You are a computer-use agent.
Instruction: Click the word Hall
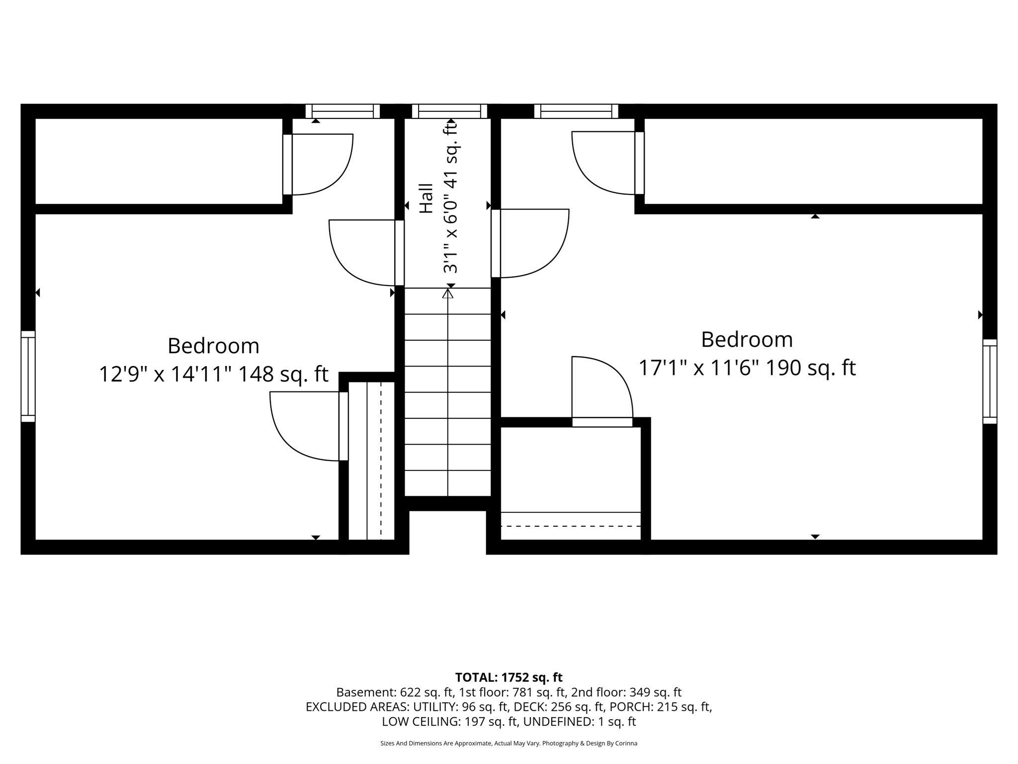click(x=426, y=199)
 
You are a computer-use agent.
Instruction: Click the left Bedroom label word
click(x=213, y=346)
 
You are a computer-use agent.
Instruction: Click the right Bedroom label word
click(x=747, y=340)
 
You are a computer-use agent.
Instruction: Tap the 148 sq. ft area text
click(x=283, y=374)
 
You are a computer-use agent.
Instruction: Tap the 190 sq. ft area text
click(x=810, y=368)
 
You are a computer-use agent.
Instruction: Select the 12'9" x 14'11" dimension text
click(x=167, y=374)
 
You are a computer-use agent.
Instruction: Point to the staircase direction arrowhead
click(x=448, y=293)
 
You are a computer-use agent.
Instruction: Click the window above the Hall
click(x=449, y=111)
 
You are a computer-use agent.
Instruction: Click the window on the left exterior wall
click(x=28, y=377)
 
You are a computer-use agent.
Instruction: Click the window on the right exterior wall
click(x=990, y=382)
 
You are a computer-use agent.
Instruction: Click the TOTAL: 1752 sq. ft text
click(x=509, y=677)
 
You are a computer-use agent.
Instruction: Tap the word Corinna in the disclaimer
click(x=627, y=743)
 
